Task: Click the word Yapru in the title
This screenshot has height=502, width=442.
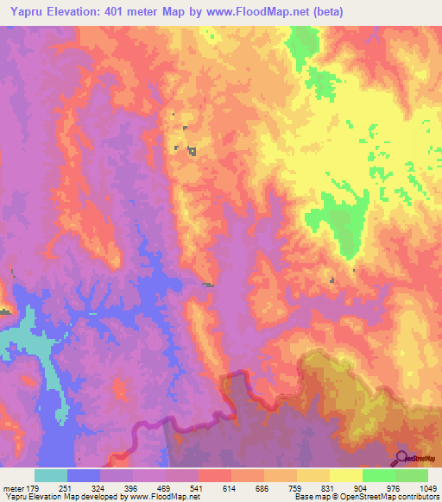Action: click(26, 12)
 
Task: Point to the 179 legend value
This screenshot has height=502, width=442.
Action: click(35, 489)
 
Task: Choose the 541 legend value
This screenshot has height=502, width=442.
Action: click(199, 489)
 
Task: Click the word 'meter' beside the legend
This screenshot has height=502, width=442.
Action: click(12, 489)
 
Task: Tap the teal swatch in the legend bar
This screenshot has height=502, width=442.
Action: click(51, 476)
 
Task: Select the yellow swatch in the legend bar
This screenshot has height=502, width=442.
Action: click(346, 476)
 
